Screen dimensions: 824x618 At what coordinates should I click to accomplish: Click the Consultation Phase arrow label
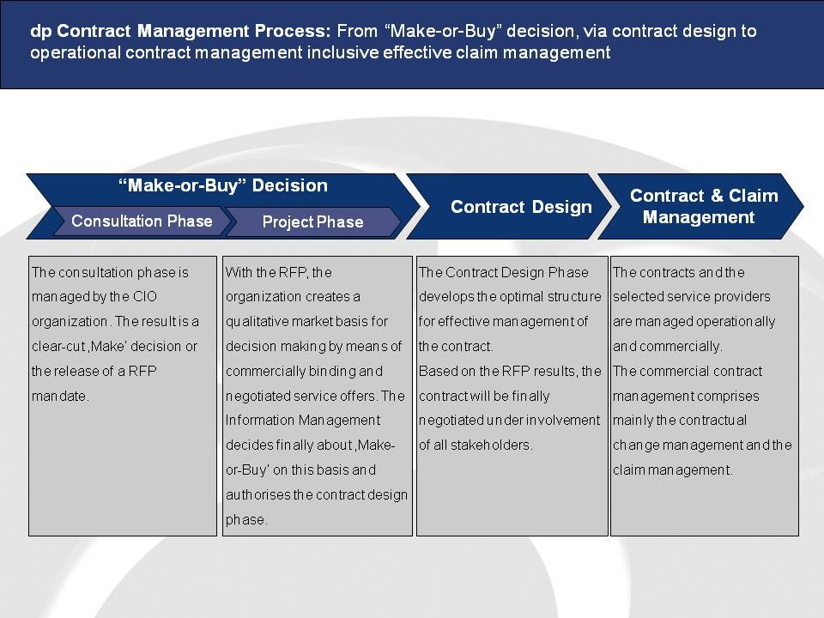[142, 221]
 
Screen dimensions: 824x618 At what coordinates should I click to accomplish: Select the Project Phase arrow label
[312, 221]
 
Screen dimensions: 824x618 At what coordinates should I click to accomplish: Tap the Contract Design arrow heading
[521, 207]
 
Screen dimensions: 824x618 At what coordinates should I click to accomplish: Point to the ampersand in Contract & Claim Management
[717, 196]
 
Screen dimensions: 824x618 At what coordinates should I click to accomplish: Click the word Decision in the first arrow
[289, 185]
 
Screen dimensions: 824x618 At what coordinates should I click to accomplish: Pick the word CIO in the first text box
[144, 296]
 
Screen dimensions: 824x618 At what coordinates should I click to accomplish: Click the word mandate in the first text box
[60, 396]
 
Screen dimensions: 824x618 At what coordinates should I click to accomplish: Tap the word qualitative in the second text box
[257, 322]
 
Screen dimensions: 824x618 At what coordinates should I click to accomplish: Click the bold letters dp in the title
[40, 32]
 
